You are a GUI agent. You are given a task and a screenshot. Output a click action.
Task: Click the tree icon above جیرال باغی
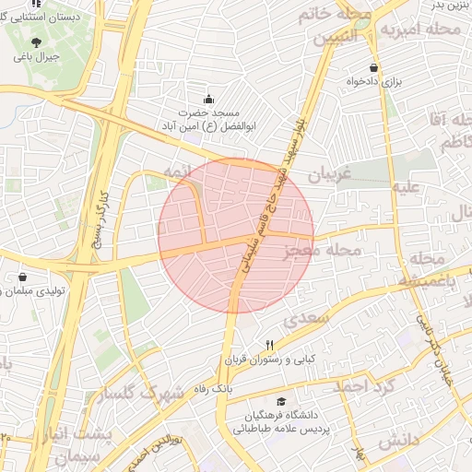[36, 42]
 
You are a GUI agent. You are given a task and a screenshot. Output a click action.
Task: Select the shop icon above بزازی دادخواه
[372, 67]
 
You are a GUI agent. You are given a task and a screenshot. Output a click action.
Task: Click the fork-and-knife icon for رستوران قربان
[270, 344]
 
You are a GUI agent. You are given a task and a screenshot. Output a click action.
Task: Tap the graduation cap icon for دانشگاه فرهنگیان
[280, 402]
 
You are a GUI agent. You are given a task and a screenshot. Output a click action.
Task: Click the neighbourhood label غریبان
[330, 174]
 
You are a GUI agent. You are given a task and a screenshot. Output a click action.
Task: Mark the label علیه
[407, 187]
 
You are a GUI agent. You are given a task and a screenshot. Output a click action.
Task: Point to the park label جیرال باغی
[35, 56]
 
